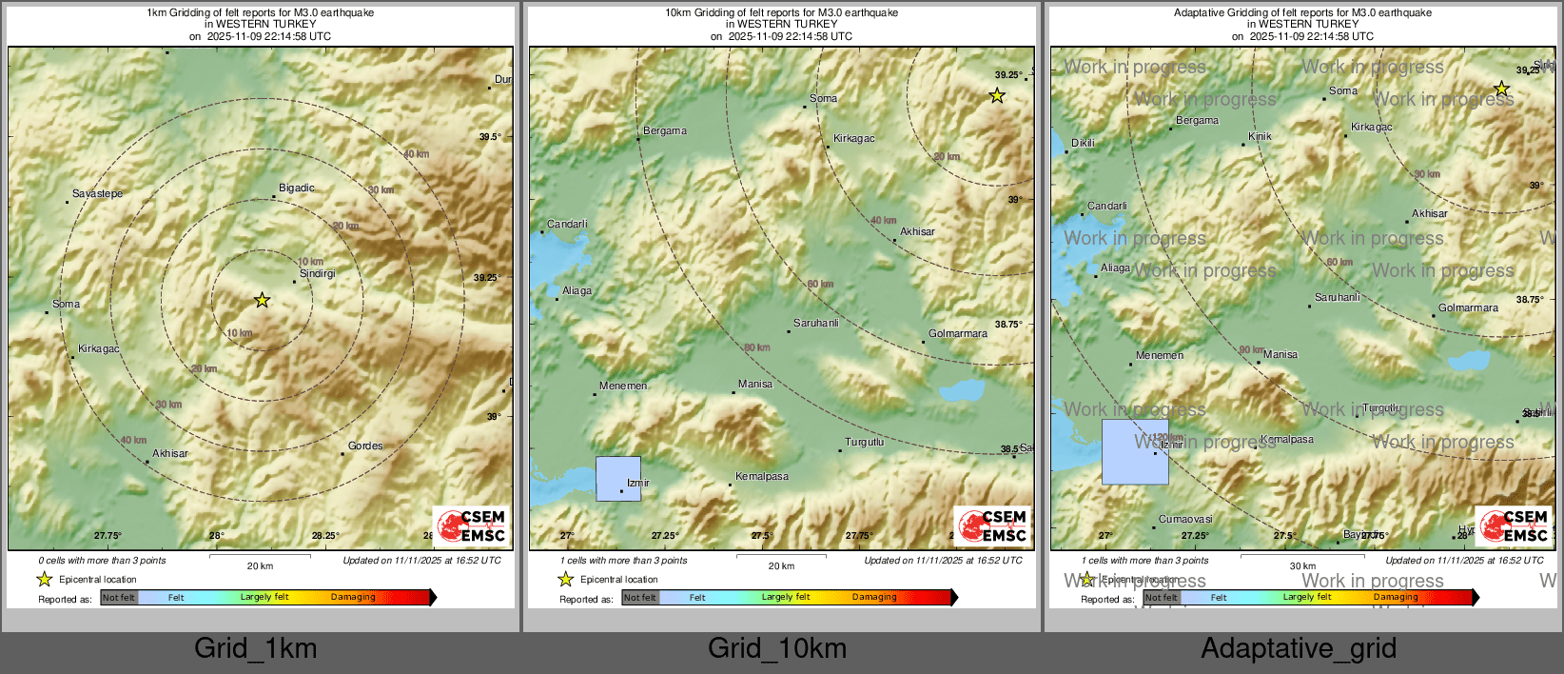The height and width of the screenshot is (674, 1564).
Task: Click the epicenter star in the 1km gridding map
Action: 262,300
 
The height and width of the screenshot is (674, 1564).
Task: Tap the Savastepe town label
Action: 97,194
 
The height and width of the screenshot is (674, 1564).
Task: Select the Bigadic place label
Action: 296,188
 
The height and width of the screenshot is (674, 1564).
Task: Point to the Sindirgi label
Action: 318,274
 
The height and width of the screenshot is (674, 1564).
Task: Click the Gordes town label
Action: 365,446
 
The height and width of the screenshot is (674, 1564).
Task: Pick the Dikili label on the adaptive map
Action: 1083,144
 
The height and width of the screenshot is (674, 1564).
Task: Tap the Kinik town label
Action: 1260,137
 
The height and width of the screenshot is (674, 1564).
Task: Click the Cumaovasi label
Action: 1185,520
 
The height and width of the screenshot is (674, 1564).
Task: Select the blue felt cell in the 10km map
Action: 618,479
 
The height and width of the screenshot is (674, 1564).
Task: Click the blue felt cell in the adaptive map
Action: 1135,452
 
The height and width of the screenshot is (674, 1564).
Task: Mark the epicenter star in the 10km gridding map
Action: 996,95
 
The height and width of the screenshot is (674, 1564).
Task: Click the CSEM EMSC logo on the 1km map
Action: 472,526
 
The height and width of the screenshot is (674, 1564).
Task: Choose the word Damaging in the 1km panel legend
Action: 353,598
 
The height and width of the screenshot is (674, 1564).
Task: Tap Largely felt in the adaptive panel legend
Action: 1306,598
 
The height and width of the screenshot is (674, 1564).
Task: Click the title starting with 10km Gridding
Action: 781,13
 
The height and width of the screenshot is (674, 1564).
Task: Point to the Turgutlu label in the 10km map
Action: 865,443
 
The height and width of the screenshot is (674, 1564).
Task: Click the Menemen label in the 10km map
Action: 623,387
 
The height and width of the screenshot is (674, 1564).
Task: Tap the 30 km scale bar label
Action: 1302,566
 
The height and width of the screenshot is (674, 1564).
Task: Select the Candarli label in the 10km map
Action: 567,225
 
